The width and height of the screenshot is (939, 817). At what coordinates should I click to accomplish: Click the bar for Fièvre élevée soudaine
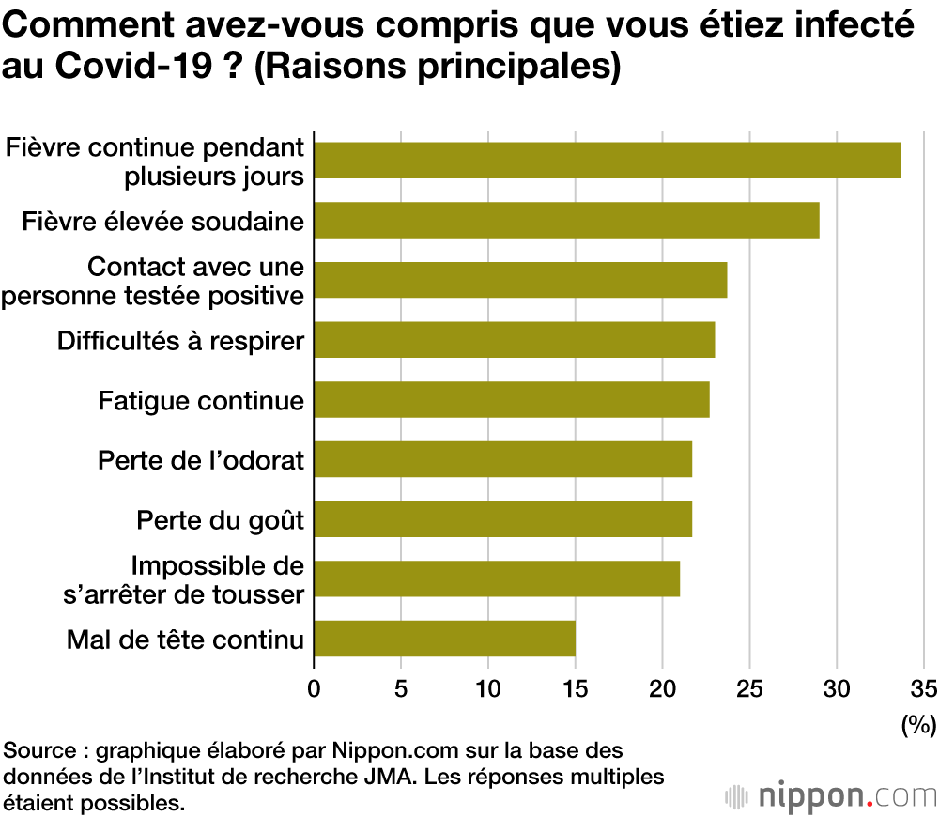[x=566, y=220]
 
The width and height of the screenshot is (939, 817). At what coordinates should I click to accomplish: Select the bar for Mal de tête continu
[x=444, y=639]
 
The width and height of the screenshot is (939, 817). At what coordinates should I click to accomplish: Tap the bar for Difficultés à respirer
[x=514, y=339]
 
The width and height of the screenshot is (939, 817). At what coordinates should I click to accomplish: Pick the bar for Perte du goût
[x=502, y=518]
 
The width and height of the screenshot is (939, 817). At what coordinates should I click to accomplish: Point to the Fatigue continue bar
[x=511, y=399]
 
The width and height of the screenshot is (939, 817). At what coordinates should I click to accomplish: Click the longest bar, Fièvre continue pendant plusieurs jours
[x=607, y=160]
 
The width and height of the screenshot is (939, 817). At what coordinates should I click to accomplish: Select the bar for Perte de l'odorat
[x=502, y=459]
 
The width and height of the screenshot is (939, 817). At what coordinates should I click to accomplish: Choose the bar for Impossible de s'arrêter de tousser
[x=496, y=578]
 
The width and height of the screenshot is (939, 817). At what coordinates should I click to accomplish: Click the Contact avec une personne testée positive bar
[x=520, y=280]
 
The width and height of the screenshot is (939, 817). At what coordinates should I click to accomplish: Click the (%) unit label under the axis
[x=918, y=724]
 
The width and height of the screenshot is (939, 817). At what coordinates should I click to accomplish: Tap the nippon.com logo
[x=831, y=795]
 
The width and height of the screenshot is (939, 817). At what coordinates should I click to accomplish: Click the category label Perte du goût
[x=220, y=519]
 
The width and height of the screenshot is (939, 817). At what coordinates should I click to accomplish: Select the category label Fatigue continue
[x=201, y=401]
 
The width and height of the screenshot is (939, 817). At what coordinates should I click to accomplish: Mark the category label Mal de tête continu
[x=185, y=640]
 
